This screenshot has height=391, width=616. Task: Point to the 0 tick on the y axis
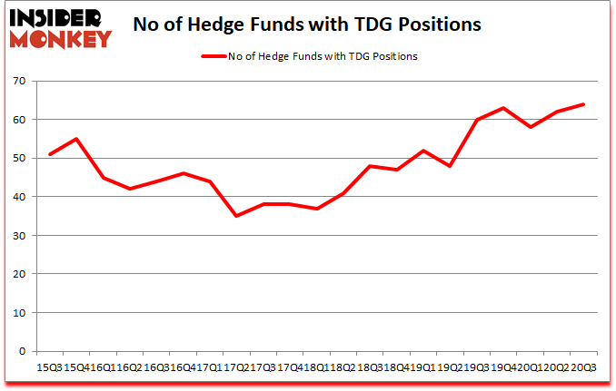pyautogui.click(x=21, y=351)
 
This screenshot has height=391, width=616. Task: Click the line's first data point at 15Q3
pyautogui.click(x=49, y=154)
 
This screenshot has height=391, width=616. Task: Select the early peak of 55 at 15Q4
pyautogui.click(x=76, y=139)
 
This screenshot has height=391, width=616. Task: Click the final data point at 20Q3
pyautogui.click(x=582, y=104)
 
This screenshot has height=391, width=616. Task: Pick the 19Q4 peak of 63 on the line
pyautogui.click(x=502, y=108)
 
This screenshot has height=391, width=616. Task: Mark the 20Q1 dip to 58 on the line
pyautogui.click(x=529, y=127)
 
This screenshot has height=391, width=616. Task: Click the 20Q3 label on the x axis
pyautogui.click(x=583, y=367)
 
